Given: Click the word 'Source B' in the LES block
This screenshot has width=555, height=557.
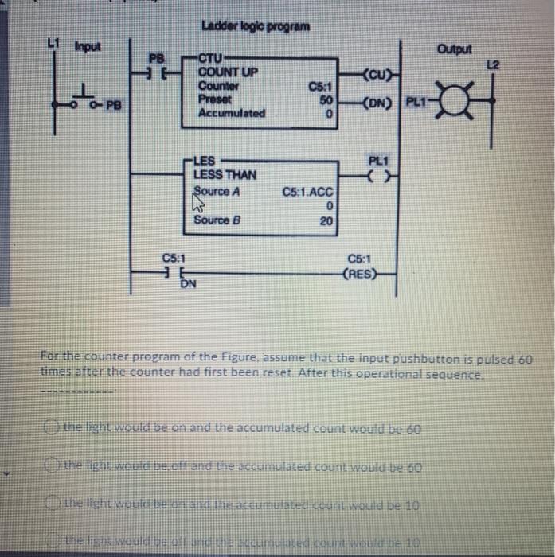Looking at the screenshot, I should (x=217, y=220).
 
